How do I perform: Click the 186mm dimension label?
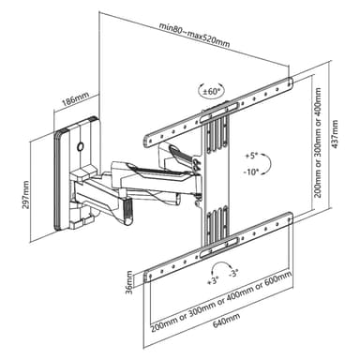(x=75, y=97)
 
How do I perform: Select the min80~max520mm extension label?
(x=194, y=35)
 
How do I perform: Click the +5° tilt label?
(x=250, y=156)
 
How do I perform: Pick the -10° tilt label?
(x=251, y=171)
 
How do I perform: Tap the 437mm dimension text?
(x=335, y=134)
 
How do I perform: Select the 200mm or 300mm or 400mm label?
(x=318, y=142)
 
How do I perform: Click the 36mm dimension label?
(x=128, y=282)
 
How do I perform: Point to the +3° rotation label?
(x=213, y=280)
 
